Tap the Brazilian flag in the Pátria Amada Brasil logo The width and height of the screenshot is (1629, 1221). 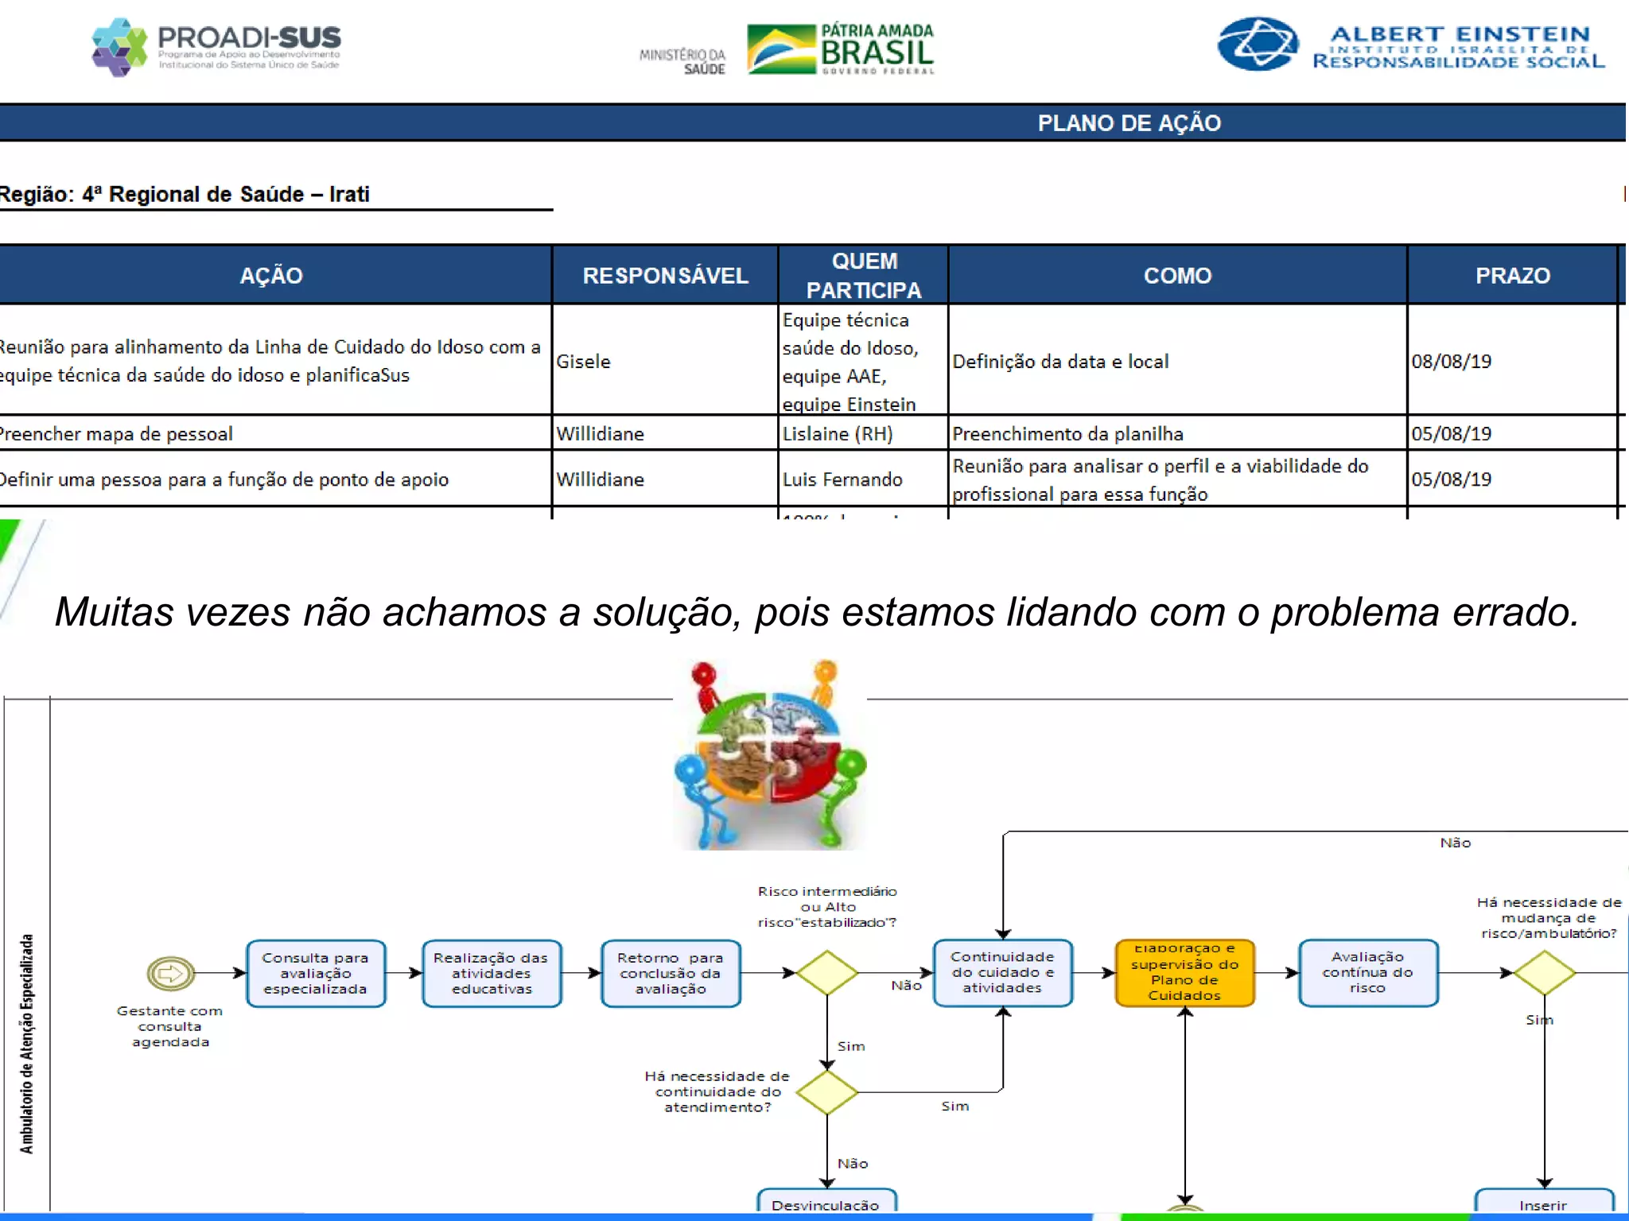click(781, 49)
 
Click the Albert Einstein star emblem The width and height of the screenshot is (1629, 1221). click(1258, 45)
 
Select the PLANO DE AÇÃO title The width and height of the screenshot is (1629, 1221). click(1129, 123)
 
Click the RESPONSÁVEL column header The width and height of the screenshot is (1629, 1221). click(665, 276)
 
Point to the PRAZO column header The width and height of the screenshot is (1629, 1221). click(1512, 276)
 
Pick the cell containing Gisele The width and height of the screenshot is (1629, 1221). click(584, 362)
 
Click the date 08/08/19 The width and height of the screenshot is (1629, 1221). click(1451, 362)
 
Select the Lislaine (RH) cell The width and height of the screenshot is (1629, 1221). click(838, 434)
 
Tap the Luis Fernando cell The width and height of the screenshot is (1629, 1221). click(842, 479)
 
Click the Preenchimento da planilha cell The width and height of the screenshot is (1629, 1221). click(1067, 434)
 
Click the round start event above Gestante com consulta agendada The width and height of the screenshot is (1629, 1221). click(170, 973)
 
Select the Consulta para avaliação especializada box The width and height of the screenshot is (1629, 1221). click(316, 973)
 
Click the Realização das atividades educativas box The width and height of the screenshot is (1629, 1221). click(491, 973)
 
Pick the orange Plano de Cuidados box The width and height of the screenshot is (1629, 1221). click(1184, 973)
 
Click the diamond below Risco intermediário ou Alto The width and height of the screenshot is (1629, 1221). click(827, 973)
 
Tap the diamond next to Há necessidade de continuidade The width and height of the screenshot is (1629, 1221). click(827, 1092)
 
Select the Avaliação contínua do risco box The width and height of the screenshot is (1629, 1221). click(1367, 973)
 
